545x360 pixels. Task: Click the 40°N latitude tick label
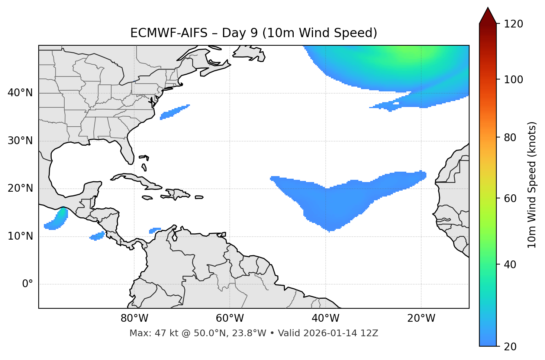pos(20,93)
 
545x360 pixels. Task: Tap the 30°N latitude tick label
pos(20,141)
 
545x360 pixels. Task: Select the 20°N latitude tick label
pos(20,188)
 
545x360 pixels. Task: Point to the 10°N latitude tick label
pos(20,236)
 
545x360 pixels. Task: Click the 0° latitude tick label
pos(28,284)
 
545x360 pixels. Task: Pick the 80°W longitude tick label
pos(134,318)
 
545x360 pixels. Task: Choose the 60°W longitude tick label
pos(230,318)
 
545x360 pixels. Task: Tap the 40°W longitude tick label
pos(325,318)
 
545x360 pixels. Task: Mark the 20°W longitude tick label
pos(421,318)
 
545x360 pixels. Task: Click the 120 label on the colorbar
pos(513,24)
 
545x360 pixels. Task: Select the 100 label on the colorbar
pos(513,80)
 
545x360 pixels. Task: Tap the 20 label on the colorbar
pos(510,347)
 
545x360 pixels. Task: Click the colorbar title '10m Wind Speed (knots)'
pos(532,185)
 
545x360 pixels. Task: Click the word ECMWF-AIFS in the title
pos(169,33)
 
